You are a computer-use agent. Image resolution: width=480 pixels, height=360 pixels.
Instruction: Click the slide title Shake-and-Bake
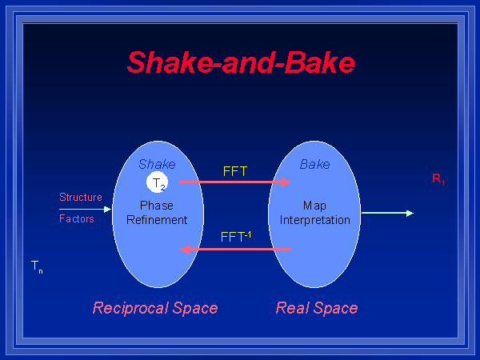point(240,62)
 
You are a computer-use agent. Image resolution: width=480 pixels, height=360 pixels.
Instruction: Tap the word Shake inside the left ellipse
point(157,164)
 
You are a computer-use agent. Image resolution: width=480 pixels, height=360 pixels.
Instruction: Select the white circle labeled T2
point(157,184)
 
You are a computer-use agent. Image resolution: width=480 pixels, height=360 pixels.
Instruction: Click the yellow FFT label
point(234,171)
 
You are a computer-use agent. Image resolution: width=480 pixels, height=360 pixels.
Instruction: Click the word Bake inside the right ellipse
point(314,164)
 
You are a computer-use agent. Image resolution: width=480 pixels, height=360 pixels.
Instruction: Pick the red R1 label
point(438,180)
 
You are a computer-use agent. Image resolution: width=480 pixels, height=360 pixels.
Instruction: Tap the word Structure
point(81,197)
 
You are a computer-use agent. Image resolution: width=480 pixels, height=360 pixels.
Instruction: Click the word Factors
point(77,218)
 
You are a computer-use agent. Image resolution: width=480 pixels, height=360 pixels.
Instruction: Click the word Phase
point(157,206)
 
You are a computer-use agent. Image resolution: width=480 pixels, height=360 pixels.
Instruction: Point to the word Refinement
point(157,220)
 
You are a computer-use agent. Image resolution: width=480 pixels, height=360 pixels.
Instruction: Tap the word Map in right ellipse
point(314,206)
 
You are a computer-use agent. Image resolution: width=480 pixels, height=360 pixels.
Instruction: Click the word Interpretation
point(314,220)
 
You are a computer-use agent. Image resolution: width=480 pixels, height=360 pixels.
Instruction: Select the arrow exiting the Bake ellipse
point(387,213)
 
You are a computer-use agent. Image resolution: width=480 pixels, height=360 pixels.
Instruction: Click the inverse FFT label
point(235,237)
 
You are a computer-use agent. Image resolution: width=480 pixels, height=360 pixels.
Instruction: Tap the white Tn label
point(37,266)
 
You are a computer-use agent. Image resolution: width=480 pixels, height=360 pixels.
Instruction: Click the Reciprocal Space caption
point(155,308)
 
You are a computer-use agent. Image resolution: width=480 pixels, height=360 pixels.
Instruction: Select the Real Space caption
point(317,308)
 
